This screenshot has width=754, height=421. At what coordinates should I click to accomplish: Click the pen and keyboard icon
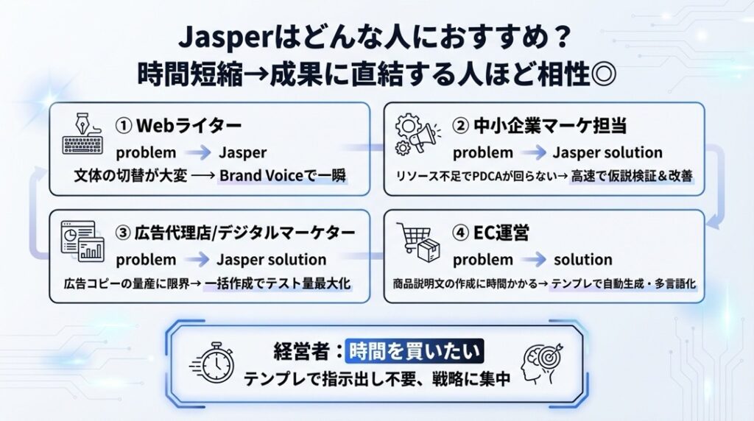point(82,134)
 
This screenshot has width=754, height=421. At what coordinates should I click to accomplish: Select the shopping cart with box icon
point(418,242)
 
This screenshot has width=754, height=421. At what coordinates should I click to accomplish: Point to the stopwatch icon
point(212,363)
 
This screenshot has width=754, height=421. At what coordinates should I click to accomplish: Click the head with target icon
point(543,364)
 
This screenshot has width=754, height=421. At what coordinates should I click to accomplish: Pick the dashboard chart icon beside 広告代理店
point(82,241)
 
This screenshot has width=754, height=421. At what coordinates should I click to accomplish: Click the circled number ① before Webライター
point(124,126)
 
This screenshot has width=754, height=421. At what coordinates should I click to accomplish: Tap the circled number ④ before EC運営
point(460,233)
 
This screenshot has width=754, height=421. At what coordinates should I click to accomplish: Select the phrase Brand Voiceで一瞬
point(283,176)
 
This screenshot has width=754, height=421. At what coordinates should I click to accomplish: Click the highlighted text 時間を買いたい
point(415,351)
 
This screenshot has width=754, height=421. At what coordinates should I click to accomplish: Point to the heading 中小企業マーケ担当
point(550,126)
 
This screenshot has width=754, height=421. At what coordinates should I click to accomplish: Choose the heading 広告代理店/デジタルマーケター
point(244,233)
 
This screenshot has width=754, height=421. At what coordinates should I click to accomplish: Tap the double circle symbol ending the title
point(604,74)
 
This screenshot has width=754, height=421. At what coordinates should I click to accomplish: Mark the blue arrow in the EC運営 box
point(534,260)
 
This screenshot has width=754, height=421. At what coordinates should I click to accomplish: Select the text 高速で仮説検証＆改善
point(631,177)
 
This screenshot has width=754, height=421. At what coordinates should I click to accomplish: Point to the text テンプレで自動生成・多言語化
point(623,283)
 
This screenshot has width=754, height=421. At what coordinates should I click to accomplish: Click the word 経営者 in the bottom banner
point(301,351)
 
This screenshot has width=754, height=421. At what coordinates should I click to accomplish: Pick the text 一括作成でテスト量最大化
point(278,283)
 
